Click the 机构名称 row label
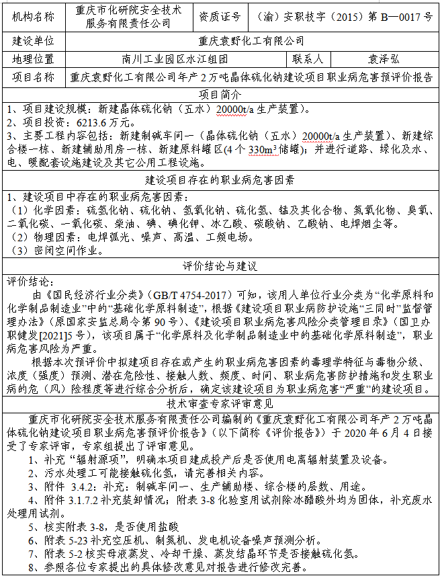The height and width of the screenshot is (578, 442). tap(33, 15)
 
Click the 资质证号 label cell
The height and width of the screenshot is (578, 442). tap(218, 15)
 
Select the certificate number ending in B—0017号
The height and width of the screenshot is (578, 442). tap(345, 15)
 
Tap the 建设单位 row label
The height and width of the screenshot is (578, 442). tap(33, 42)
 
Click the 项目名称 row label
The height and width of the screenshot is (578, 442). tap(33, 77)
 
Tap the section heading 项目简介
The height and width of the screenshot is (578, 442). tap(220, 93)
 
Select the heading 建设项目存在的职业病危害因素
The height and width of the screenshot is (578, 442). tap(220, 180)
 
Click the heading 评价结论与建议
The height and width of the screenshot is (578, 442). tap(220, 266)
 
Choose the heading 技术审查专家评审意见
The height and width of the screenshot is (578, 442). tap(220, 403)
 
